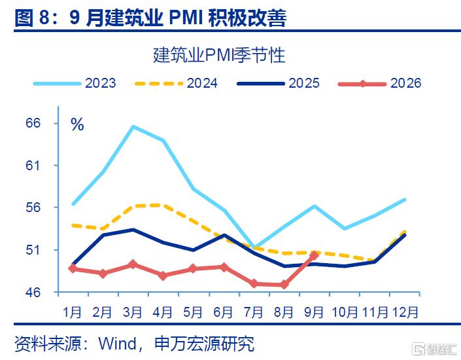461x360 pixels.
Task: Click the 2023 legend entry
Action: (x=75, y=83)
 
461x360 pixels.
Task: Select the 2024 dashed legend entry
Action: (x=176, y=83)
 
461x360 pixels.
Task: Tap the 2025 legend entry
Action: (x=278, y=83)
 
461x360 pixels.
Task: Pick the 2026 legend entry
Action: (x=379, y=83)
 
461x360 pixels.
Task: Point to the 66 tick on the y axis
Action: (x=33, y=123)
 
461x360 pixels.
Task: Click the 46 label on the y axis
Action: (x=33, y=293)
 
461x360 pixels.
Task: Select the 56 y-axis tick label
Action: (x=33, y=207)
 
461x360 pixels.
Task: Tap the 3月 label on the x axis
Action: (x=133, y=312)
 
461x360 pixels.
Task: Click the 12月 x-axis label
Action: (x=405, y=312)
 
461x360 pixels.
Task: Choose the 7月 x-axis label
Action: (x=254, y=312)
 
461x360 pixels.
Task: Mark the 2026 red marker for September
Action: (x=315, y=255)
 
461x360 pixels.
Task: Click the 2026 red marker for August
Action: (x=284, y=285)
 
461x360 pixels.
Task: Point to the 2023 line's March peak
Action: (x=133, y=127)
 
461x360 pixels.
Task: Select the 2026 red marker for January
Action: (x=73, y=268)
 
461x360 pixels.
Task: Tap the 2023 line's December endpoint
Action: (x=405, y=200)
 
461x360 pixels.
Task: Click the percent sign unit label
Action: (x=77, y=124)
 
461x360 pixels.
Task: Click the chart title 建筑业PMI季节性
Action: (x=219, y=55)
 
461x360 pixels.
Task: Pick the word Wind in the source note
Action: (x=118, y=344)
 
